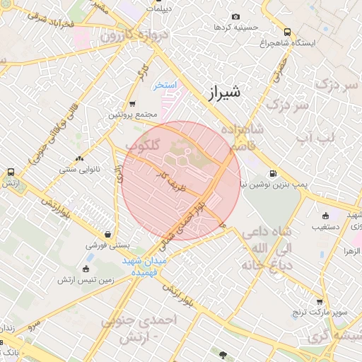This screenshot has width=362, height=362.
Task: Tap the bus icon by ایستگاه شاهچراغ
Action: click(x=287, y=32)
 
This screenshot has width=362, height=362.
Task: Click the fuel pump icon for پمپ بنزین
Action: click(x=272, y=173)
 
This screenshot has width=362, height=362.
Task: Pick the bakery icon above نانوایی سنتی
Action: click(x=78, y=158)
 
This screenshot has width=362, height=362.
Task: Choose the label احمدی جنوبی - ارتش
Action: click(x=141, y=330)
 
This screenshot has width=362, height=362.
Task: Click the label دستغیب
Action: click(x=329, y=227)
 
